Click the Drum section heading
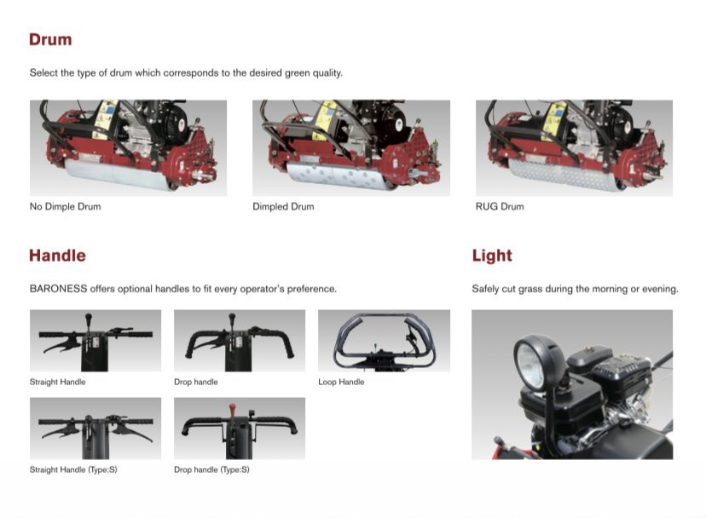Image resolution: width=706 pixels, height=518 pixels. (50, 39)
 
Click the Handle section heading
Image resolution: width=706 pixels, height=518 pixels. (57, 256)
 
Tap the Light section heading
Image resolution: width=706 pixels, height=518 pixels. (492, 256)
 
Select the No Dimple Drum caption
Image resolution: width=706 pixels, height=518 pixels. (66, 206)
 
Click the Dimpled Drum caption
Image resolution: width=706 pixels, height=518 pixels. (283, 206)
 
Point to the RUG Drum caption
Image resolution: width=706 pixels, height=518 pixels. (500, 206)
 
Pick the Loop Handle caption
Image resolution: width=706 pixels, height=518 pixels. (341, 382)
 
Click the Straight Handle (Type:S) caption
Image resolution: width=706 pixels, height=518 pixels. (73, 469)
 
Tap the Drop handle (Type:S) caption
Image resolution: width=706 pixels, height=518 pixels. (211, 469)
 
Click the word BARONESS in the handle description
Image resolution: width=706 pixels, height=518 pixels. (58, 289)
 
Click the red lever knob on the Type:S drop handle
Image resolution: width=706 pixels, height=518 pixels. (232, 410)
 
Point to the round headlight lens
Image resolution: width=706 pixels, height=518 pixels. (530, 363)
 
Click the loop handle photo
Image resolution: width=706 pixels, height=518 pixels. (384, 341)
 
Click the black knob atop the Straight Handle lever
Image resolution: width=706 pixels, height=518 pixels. (89, 317)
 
